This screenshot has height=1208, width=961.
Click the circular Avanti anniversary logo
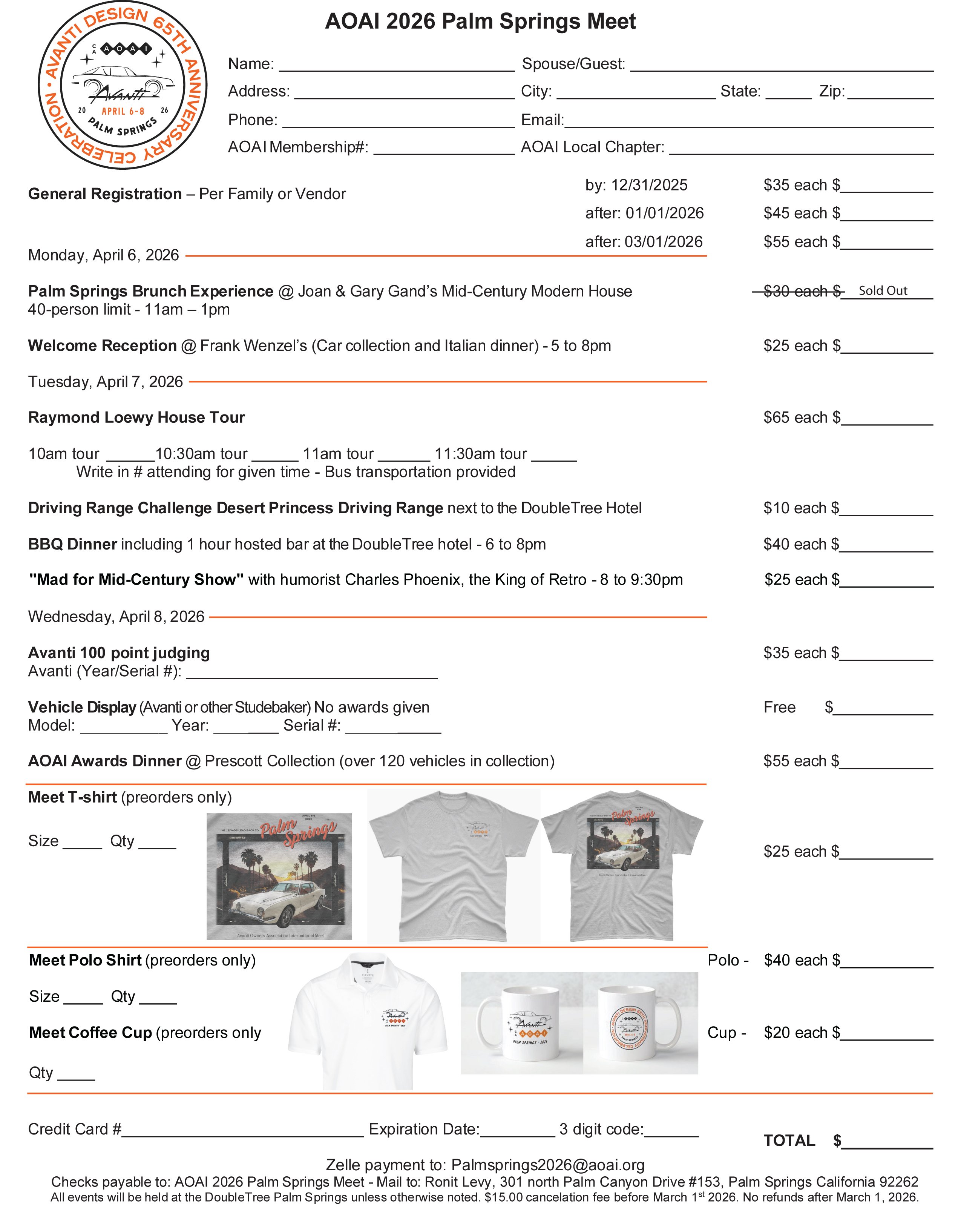(122, 85)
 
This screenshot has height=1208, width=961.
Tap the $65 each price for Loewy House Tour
(795, 418)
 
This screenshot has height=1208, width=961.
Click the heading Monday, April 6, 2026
(104, 255)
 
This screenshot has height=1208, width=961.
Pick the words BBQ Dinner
(72, 544)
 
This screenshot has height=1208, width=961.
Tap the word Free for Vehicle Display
(779, 707)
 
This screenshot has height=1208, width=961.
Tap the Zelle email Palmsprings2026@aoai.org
(548, 1165)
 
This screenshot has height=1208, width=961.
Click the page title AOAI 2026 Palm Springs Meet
(480, 21)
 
